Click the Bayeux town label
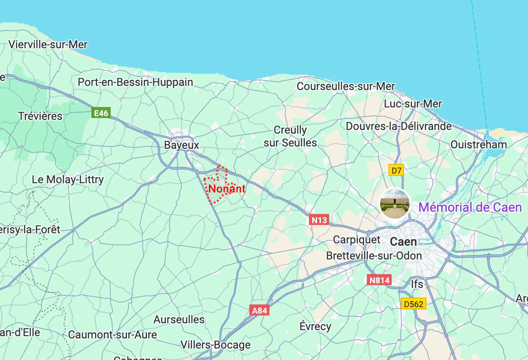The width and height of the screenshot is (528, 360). (x=181, y=146)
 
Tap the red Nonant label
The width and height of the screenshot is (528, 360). (x=227, y=189)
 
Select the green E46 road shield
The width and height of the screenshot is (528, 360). (x=101, y=113)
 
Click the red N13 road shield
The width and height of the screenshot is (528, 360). (x=319, y=220)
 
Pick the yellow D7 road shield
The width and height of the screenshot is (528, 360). (x=397, y=171)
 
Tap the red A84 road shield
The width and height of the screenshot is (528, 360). (x=259, y=310)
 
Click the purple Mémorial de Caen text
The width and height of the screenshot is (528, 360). (x=470, y=208)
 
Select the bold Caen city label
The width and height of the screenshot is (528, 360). (x=404, y=242)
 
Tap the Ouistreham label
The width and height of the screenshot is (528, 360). (x=478, y=145)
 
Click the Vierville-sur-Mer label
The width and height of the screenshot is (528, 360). (x=48, y=45)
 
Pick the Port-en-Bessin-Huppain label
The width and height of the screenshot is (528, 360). (x=135, y=82)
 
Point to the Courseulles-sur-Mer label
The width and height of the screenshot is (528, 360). (x=346, y=86)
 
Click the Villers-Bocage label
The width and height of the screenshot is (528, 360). (x=215, y=345)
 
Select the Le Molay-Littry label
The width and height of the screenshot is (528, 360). (x=67, y=180)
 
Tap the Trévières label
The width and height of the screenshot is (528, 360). (x=40, y=116)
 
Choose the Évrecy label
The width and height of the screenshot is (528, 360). (x=315, y=326)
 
